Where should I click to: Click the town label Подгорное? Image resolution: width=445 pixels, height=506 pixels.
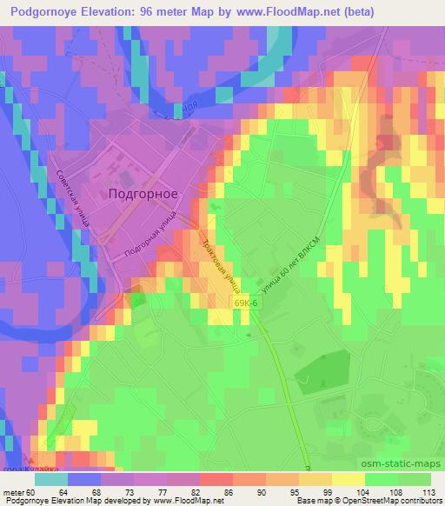(x=143, y=194)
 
